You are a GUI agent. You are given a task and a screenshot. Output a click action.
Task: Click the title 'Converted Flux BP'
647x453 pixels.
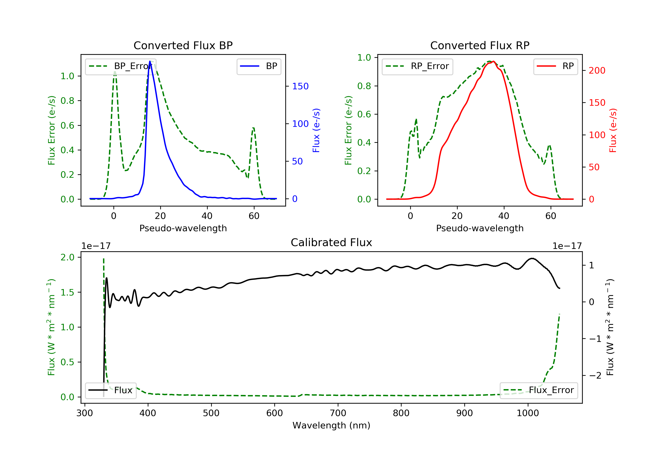coord(183,45)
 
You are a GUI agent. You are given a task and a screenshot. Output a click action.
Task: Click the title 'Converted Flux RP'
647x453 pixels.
coord(480,45)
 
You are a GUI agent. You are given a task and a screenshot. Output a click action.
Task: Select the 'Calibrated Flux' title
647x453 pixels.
coord(331,242)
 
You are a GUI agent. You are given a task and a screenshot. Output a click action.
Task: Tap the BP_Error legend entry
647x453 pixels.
coord(121,66)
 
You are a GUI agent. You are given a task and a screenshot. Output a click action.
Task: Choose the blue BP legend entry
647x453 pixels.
coord(259,66)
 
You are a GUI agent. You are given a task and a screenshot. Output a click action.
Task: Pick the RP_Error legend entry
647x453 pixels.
coord(417,66)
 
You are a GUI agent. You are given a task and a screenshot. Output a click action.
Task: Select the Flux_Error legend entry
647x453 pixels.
coord(539,390)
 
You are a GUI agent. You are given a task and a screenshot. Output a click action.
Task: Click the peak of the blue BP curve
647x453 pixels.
coord(150,61)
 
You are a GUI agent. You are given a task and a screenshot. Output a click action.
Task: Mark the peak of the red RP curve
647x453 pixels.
coord(494,61)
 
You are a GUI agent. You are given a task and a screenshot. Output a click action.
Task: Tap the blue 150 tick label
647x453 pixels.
coord(300,86)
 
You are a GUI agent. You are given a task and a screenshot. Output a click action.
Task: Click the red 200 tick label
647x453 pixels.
coord(597,71)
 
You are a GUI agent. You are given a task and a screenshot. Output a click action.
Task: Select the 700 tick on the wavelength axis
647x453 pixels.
coord(338,413)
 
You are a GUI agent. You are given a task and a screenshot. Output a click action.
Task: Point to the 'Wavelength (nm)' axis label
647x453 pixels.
coord(331,425)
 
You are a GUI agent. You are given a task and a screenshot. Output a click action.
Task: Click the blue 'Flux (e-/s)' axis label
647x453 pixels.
coord(316,131)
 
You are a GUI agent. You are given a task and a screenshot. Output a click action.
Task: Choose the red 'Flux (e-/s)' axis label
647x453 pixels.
coord(613,131)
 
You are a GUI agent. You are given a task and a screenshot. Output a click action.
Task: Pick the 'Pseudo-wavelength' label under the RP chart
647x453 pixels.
coord(480,228)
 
